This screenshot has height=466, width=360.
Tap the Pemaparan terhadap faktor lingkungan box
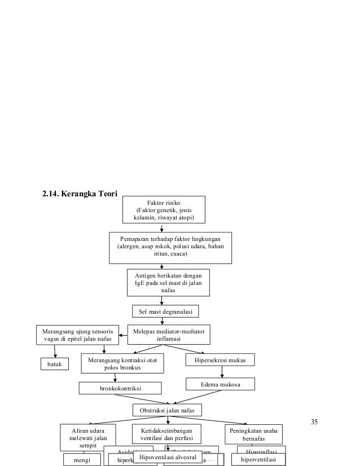pos(170,247)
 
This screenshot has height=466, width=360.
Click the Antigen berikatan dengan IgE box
pos(168,283)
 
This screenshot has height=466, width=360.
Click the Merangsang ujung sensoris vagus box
pos(78,335)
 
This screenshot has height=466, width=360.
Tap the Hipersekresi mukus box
pos(220,360)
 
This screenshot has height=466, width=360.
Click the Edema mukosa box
pos(221,384)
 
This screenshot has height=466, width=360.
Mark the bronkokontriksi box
pos(120,389)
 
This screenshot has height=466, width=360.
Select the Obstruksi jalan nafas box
pos(166,410)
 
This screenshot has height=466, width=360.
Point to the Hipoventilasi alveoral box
pos(168,457)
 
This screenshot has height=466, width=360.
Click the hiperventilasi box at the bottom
pos(258,460)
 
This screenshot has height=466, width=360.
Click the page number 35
pos(314,422)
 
